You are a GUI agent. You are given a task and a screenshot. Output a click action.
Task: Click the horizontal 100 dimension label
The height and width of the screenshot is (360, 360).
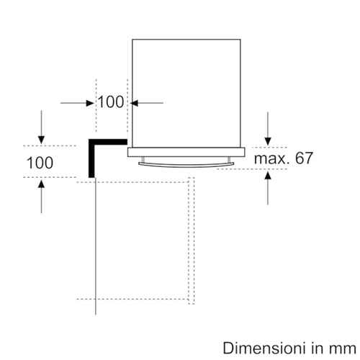[x=111, y=102]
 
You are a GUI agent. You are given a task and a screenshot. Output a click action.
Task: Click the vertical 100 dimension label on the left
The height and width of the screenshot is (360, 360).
[x=40, y=163]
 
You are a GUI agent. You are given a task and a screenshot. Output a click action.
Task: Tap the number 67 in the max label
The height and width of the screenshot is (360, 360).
[x=304, y=158]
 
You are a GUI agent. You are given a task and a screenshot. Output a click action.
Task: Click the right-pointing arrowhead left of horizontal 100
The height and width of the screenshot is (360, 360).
[x=90, y=103]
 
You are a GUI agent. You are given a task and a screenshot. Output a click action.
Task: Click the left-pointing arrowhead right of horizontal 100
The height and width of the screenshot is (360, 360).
[x=134, y=103]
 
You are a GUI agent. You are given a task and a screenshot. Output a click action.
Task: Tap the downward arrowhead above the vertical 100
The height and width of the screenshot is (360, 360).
[x=41, y=140]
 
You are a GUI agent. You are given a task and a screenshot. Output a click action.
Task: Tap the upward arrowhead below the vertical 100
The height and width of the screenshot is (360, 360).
[x=41, y=184]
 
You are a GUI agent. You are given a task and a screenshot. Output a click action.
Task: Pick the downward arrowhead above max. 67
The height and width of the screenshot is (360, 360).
[x=268, y=141]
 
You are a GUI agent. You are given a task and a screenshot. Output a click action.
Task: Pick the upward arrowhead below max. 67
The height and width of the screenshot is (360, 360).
[x=268, y=176]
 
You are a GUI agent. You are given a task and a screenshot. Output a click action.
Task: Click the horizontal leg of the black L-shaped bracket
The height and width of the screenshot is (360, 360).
[x=108, y=142]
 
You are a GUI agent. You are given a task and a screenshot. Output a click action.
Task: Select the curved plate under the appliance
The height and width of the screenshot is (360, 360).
[x=186, y=165]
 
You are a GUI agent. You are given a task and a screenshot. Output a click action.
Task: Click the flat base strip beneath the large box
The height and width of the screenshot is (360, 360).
[x=186, y=152]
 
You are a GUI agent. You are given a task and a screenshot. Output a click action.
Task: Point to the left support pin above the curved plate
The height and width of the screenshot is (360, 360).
[x=143, y=160]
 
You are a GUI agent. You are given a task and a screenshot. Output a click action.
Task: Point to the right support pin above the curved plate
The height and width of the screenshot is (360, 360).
[x=229, y=160]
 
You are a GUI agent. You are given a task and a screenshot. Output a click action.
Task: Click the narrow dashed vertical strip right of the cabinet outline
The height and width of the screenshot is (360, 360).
[x=192, y=240]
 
